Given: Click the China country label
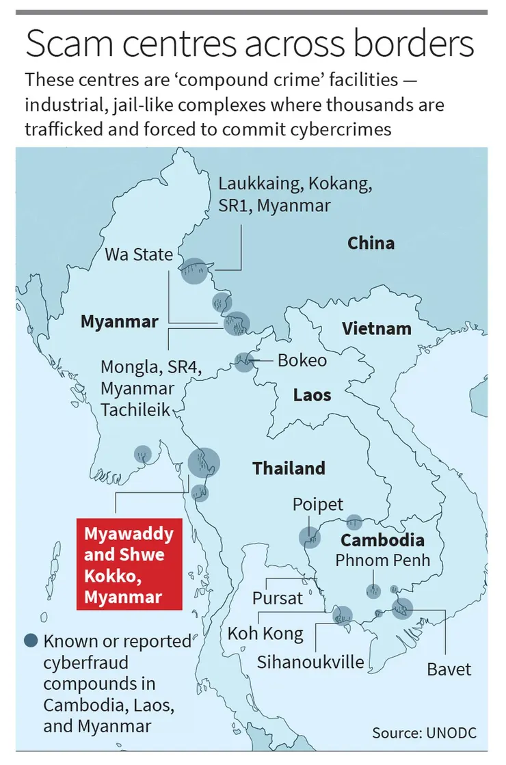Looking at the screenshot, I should pos(371,243).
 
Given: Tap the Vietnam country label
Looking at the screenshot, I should pos(377,328).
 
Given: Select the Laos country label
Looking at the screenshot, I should pos(312,394).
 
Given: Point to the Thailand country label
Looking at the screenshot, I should pos(289,468).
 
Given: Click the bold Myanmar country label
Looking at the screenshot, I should pos(120,321).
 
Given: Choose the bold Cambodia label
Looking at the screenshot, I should pos(382,539).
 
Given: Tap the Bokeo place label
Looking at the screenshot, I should pos(302,360).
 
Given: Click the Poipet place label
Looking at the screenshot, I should pos(317,505).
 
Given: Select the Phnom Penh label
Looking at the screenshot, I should pos(382,560).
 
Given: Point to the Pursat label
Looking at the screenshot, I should pos(277,598).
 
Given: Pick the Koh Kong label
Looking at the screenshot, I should pos(265,634).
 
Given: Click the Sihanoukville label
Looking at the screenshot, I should pos(310,661).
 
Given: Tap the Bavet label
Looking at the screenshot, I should pos(449,668).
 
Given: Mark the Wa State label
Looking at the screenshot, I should pos(139,255).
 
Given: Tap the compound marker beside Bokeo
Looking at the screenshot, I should pos(243,362).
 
